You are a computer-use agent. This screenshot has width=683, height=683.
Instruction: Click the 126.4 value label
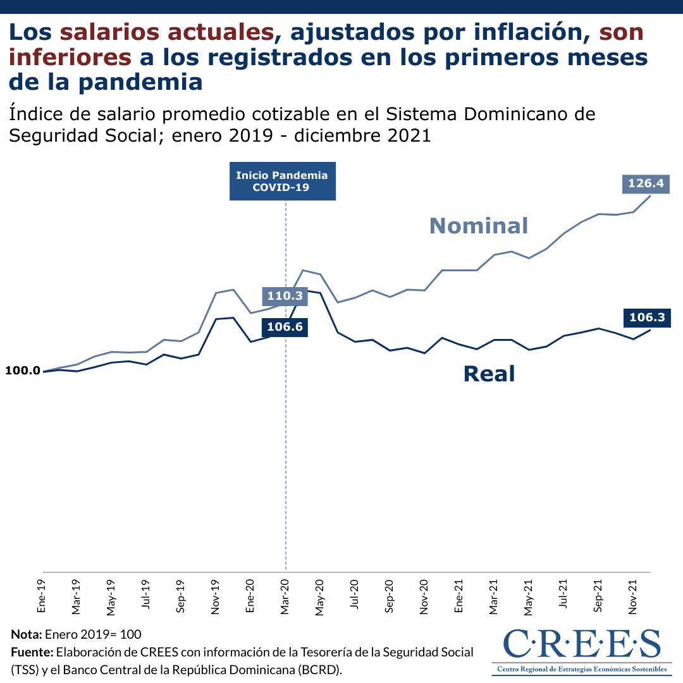tap(645, 184)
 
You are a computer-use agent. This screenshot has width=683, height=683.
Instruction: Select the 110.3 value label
tap(284, 295)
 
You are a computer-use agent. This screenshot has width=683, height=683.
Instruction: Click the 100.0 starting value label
tap(23, 371)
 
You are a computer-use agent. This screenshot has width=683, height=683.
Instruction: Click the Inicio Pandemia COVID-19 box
tap(282, 182)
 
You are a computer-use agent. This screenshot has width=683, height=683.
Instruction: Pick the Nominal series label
tap(478, 225)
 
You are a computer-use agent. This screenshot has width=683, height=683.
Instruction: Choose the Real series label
tap(489, 373)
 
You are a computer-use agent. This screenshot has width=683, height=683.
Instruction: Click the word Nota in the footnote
tap(26, 634)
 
